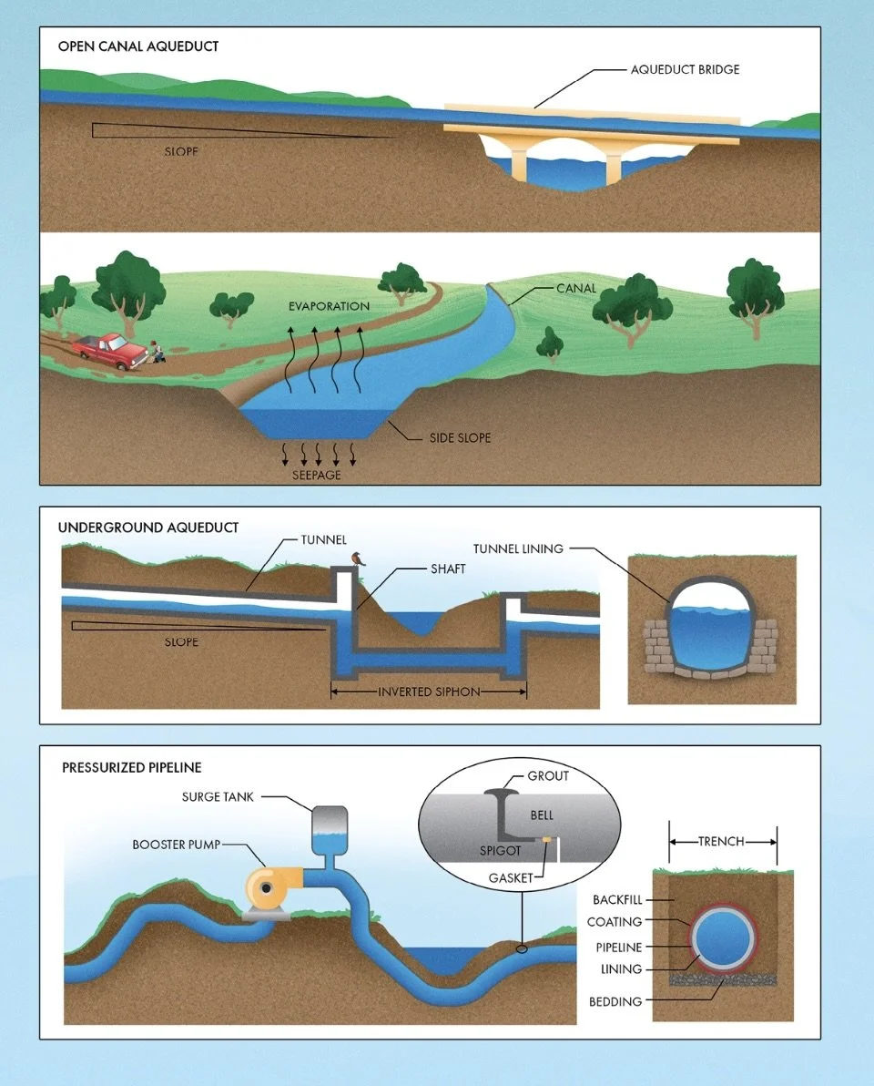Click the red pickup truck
(x=111, y=349)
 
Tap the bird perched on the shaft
(x=357, y=558)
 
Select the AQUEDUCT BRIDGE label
(x=685, y=69)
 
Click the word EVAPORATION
(x=329, y=306)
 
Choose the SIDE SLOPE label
(x=460, y=438)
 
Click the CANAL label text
(x=576, y=289)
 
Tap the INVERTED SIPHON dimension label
(x=428, y=692)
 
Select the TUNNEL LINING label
(x=518, y=548)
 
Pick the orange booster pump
(x=269, y=888)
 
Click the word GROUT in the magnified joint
(x=548, y=776)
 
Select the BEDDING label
(x=616, y=1001)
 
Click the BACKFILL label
(x=616, y=900)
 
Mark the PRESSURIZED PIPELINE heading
(x=131, y=768)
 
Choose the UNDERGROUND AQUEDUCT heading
(x=148, y=528)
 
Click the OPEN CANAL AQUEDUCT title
(x=138, y=46)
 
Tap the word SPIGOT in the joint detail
(x=500, y=850)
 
